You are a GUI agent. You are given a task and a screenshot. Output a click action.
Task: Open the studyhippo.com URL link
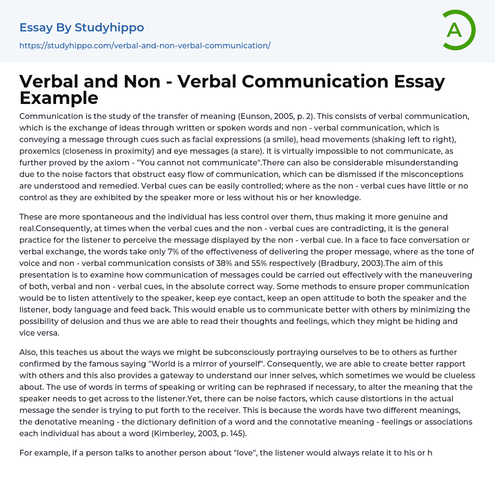click(x=145, y=45)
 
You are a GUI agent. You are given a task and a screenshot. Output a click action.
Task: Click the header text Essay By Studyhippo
click(x=82, y=28)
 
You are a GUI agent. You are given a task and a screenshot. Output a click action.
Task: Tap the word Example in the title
click(x=59, y=98)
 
